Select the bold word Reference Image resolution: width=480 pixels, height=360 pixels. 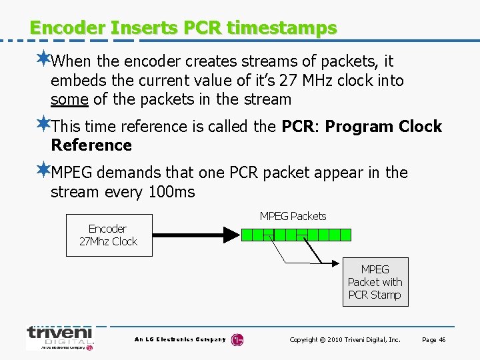pyautogui.click(x=91, y=145)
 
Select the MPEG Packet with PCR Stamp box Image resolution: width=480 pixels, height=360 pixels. pyautogui.click(x=375, y=282)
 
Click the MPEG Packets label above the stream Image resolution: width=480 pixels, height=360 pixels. pyautogui.click(x=293, y=216)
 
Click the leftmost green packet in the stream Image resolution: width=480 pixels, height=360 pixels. pyautogui.click(x=247, y=235)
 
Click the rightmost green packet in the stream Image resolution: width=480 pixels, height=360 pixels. pyautogui.click(x=345, y=235)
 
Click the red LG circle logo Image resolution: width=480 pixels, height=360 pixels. pyautogui.click(x=237, y=340)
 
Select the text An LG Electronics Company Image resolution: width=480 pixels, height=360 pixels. pyautogui.click(x=180, y=340)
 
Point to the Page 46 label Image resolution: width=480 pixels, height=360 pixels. pyautogui.click(x=433, y=340)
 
